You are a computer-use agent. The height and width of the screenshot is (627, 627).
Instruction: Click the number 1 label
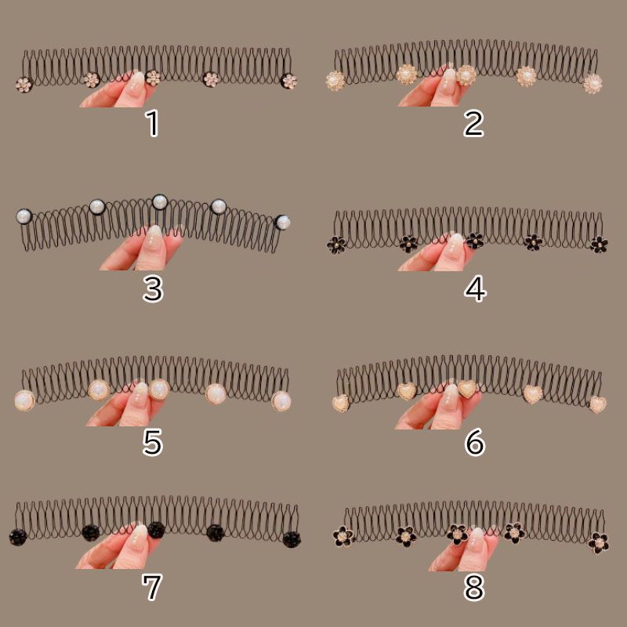153,123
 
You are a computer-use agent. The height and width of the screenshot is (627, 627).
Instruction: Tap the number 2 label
473,123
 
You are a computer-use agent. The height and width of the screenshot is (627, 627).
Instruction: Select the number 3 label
153,289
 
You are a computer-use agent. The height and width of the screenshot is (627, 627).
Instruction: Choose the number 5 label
152,443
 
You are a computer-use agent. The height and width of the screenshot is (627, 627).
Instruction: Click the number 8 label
474,586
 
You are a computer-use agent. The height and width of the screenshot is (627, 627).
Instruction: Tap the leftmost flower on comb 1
24,84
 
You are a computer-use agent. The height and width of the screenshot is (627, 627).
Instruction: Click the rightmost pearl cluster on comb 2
593,83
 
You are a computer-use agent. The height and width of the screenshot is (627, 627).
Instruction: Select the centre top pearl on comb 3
160,201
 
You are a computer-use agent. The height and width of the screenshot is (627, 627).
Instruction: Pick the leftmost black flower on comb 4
336,245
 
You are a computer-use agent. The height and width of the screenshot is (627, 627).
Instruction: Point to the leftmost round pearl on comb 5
24,400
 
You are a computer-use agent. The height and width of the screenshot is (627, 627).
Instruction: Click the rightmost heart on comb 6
598,404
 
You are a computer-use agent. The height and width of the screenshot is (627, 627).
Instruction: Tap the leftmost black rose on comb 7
18,537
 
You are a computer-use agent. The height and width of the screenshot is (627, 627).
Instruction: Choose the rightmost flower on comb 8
598,541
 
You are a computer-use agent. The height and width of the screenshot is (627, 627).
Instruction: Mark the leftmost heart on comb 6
340,403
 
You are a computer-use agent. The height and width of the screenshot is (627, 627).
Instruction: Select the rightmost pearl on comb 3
282,222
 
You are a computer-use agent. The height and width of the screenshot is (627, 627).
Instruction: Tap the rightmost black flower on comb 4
599,244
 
